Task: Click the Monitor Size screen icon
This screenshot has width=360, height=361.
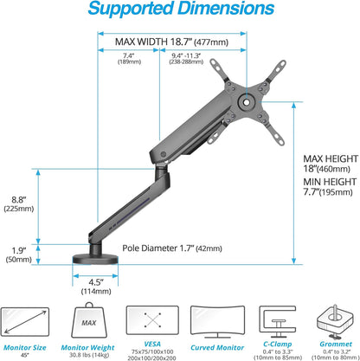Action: tap(31, 319)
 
